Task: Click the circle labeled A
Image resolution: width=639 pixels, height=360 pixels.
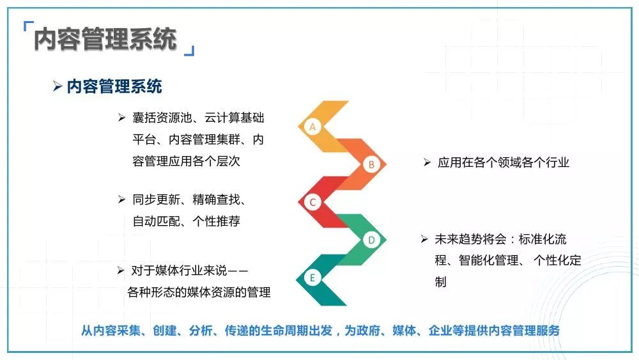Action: (312, 127)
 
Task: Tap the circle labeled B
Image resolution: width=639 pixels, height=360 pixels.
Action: (371, 165)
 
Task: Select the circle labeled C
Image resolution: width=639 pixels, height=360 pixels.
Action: (312, 202)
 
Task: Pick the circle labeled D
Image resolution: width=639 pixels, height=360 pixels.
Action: (371, 240)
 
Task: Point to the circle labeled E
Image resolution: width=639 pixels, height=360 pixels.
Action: (312, 278)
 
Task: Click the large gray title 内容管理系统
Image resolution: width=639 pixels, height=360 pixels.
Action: (105, 39)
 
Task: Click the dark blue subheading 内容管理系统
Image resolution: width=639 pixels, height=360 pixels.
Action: (114, 86)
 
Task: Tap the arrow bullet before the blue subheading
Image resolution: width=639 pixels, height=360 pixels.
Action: (58, 86)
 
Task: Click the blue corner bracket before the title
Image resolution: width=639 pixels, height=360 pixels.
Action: (27, 26)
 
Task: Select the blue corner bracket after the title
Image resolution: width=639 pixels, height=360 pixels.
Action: (190, 51)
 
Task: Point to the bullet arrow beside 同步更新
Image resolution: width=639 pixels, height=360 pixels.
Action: (121, 200)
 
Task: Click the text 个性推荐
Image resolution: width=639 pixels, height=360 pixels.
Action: (217, 221)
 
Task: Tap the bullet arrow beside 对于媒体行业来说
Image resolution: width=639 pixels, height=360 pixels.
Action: (121, 270)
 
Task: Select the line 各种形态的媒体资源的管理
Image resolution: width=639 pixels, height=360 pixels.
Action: (199, 292)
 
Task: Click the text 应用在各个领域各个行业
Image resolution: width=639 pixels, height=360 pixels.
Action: (504, 162)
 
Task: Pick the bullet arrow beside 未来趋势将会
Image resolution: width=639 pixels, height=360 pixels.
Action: (424, 239)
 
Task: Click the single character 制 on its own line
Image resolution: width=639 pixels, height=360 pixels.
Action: (440, 282)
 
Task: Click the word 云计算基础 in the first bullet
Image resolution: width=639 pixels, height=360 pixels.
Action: (235, 118)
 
